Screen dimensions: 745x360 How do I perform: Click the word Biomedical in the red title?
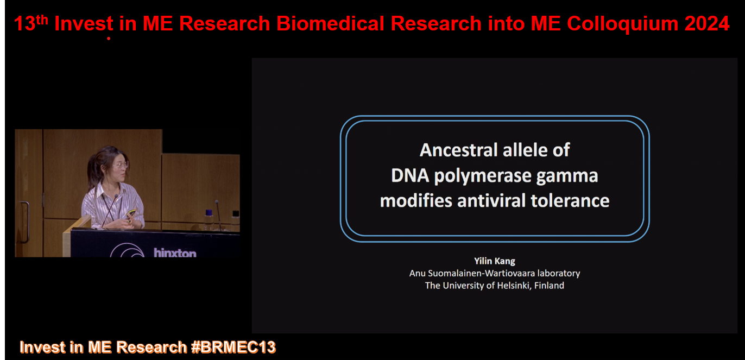tap(330, 24)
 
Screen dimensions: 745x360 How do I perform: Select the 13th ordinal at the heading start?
tap(31, 23)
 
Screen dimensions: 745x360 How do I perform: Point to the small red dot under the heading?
tap(109, 39)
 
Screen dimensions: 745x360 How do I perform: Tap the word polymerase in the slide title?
tap(483, 176)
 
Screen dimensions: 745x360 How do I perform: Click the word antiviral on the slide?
tap(491, 200)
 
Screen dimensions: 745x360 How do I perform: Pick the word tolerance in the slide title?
tap(570, 200)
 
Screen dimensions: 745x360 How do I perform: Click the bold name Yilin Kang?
tap(495, 261)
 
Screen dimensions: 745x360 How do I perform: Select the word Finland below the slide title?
tap(549, 286)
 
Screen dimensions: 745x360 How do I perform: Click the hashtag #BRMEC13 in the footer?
tap(233, 347)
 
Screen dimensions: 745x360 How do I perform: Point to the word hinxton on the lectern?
tap(175, 253)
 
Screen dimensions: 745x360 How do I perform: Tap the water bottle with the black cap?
tap(236, 220)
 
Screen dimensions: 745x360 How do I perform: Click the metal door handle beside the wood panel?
tap(25, 221)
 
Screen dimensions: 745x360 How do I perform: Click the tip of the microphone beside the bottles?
tap(217, 201)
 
